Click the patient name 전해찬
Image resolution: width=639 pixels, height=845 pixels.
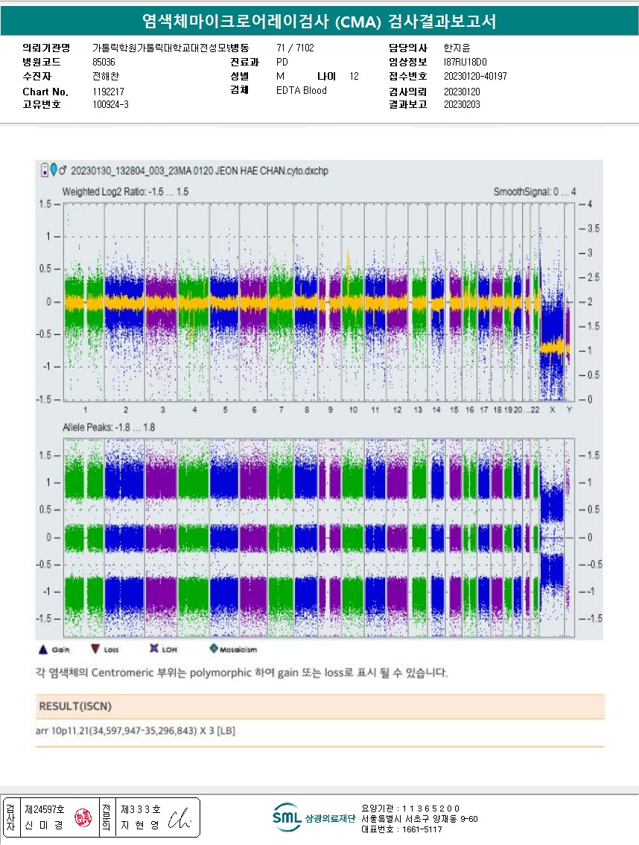106,77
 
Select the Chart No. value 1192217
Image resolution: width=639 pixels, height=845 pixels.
108,92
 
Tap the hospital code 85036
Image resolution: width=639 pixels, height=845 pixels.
104,63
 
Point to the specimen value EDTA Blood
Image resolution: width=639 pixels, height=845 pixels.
301,91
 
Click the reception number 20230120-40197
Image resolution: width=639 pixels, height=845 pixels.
474,77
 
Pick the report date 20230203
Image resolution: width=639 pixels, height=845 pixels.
462,105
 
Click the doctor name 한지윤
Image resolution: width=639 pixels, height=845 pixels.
457,48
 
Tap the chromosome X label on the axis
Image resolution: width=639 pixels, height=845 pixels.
552,410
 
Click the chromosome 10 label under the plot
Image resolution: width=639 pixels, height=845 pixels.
353,410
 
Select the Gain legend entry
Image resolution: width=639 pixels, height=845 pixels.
54,650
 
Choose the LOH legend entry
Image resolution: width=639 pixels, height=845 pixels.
163,650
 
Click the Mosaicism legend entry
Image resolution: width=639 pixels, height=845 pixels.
233,650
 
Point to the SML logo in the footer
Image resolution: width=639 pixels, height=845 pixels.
287,817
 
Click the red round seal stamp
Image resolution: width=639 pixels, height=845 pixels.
80,819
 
